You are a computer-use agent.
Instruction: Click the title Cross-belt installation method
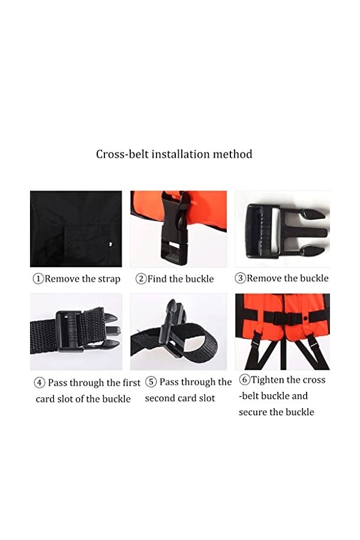pyautogui.click(x=174, y=154)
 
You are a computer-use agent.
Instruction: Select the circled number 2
pyautogui.click(x=140, y=278)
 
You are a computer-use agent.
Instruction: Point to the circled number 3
pyautogui.click(x=240, y=278)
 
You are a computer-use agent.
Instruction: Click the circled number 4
pyautogui.click(x=39, y=383)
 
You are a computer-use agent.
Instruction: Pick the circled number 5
pyautogui.click(x=151, y=382)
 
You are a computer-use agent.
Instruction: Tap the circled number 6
pyautogui.click(x=244, y=380)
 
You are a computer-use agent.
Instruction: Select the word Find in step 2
pyautogui.click(x=157, y=278)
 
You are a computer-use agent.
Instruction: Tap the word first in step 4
pyautogui.click(x=131, y=383)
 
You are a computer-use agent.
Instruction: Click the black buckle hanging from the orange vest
pyautogui.click(x=176, y=229)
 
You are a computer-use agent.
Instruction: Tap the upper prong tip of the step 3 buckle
pyautogui.click(x=322, y=215)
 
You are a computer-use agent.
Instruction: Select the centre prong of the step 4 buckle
pyautogui.click(x=113, y=331)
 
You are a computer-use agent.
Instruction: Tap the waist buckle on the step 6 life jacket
pyautogui.click(x=283, y=318)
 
